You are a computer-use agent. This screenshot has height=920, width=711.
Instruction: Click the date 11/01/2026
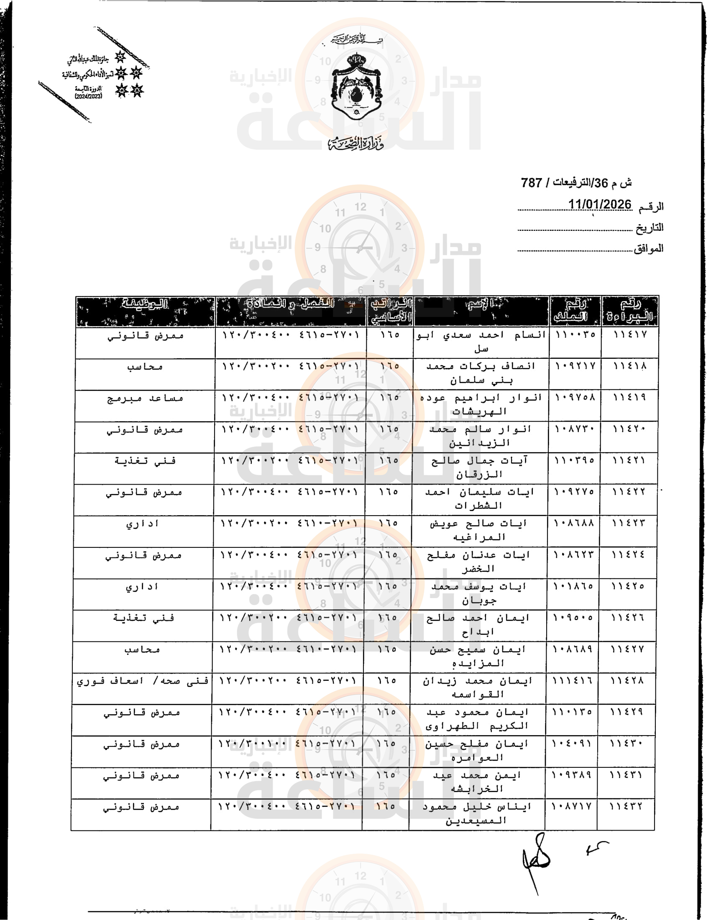pyautogui.click(x=599, y=205)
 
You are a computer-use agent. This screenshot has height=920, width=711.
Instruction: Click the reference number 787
pyautogui.click(x=531, y=183)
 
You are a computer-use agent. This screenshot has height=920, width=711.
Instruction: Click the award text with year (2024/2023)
pyautogui.click(x=88, y=96)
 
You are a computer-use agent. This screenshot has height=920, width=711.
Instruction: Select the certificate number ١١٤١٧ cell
pyautogui.click(x=630, y=335)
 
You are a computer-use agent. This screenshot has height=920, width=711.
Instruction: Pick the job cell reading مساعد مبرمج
pyautogui.click(x=145, y=398)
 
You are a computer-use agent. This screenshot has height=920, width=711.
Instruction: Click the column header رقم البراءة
pyautogui.click(x=630, y=311)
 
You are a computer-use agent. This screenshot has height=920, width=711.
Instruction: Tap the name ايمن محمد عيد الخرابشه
pyautogui.click(x=477, y=782)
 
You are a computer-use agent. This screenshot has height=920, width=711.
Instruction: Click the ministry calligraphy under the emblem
pyautogui.click(x=356, y=143)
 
